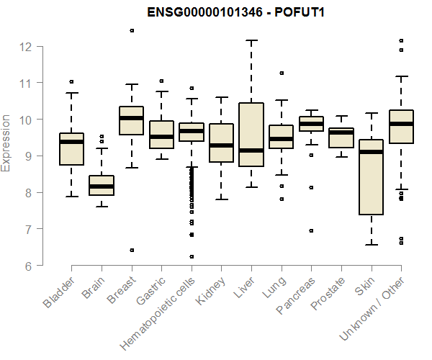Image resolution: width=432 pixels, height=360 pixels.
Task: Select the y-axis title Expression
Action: click(7, 143)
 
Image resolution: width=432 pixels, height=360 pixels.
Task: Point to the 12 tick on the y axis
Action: click(26, 47)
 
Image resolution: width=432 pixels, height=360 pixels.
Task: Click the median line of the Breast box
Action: click(132, 118)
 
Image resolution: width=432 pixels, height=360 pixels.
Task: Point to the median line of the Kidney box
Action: click(221, 145)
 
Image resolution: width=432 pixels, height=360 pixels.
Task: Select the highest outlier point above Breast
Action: click(132, 30)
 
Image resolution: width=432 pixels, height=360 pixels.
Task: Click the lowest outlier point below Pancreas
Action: click(311, 231)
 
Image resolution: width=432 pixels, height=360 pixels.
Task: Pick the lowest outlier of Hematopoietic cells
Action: click(192, 256)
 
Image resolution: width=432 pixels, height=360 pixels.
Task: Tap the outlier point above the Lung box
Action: click(282, 73)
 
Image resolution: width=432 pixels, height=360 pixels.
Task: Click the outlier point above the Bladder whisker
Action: click(71, 81)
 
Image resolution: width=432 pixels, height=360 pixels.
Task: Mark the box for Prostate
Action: click(341, 138)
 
